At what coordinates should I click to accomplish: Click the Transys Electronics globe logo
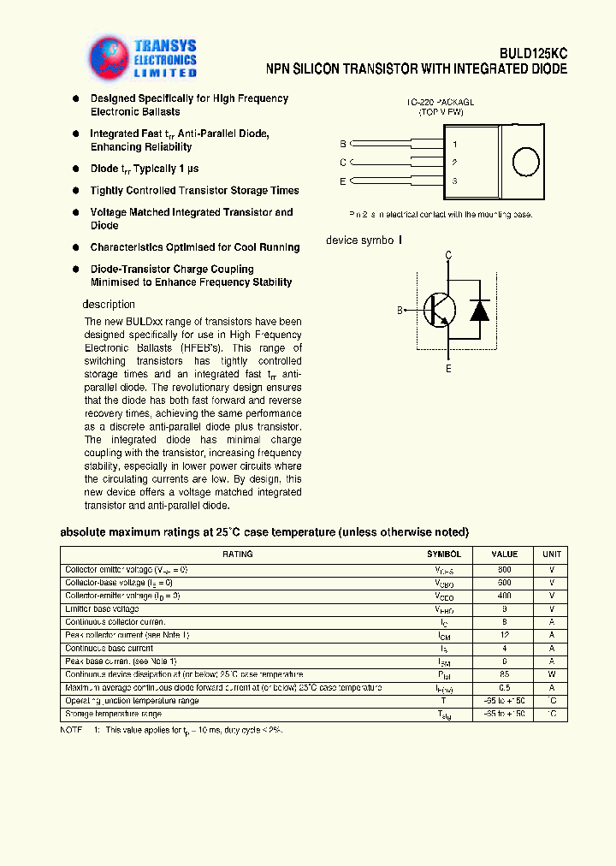click(x=109, y=56)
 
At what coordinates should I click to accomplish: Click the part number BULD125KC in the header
click(x=533, y=53)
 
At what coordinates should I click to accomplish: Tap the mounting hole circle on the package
click(x=524, y=162)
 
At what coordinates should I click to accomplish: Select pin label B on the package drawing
click(x=343, y=144)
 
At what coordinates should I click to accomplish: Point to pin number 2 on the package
click(x=454, y=162)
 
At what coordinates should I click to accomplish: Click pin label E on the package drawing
click(x=343, y=181)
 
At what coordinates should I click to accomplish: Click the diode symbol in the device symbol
click(x=480, y=310)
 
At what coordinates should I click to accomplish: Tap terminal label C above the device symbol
click(x=447, y=255)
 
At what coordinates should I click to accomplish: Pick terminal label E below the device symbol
click(x=447, y=368)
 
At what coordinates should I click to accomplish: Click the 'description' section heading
click(x=109, y=305)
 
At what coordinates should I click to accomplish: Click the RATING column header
click(x=238, y=555)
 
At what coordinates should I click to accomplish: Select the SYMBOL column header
click(x=444, y=555)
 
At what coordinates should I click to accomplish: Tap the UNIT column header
click(x=552, y=555)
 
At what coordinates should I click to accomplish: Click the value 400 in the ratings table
click(x=505, y=596)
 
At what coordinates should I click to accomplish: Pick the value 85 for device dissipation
click(x=505, y=674)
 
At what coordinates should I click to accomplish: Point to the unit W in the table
click(x=552, y=674)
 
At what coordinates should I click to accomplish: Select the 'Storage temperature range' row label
click(x=113, y=714)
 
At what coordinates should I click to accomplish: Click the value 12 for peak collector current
click(x=505, y=635)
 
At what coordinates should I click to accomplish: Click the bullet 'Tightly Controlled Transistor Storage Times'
click(x=194, y=191)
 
